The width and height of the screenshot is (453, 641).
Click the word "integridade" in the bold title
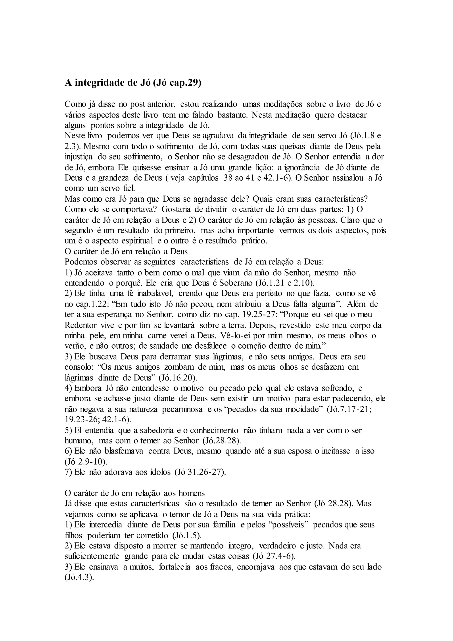(x=96, y=83)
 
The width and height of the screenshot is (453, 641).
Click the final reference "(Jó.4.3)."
(x=79, y=577)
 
